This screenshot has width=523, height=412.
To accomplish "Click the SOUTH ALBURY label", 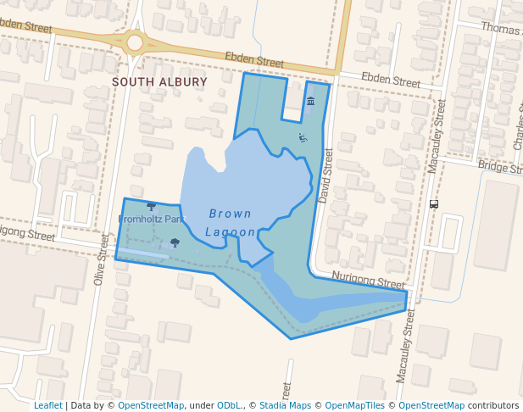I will point(159,82).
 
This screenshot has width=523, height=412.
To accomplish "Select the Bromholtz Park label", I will point(151,219).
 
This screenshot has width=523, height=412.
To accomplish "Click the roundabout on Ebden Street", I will point(135,42).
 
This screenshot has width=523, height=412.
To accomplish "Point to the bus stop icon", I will point(434,203).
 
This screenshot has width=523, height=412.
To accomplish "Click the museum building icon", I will point(310,102).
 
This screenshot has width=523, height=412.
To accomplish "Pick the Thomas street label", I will point(501,29).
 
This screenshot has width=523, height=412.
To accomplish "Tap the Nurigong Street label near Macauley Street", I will point(368,281).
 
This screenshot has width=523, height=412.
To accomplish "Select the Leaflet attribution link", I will point(47,405).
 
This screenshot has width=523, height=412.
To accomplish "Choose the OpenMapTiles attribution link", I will point(354,405).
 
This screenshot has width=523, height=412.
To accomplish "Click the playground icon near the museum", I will point(303,137).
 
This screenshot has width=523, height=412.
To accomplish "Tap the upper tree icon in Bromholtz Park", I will point(151,206).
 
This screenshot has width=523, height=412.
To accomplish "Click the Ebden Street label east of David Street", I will point(391,81).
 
